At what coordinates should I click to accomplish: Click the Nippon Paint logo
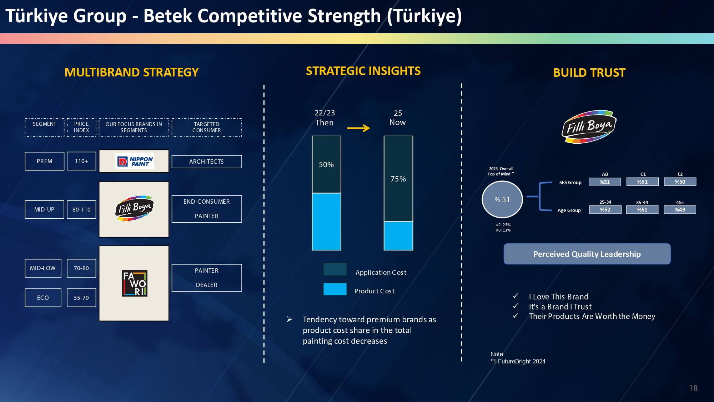135,162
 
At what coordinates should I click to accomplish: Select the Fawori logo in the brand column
134,283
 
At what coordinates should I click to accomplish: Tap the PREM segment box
45,161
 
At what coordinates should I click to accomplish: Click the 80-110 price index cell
81,209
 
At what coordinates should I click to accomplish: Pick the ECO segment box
43,298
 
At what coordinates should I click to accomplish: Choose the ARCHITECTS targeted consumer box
207,162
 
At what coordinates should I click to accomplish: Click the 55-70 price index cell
81,298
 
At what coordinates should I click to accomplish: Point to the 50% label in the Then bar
326,165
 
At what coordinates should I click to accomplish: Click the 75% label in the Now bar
398,179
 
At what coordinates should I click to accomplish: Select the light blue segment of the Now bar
398,236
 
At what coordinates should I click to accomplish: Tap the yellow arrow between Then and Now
358,128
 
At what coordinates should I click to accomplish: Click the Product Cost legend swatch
335,289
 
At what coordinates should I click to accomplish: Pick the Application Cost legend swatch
335,269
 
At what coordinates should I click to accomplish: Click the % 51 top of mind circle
502,199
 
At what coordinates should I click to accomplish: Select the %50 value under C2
680,182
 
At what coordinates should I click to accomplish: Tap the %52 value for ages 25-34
605,210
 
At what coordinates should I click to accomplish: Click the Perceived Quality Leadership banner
587,254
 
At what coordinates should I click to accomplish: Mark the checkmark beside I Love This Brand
516,296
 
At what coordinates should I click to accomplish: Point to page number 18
693,388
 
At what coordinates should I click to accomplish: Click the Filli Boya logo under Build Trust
589,127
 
